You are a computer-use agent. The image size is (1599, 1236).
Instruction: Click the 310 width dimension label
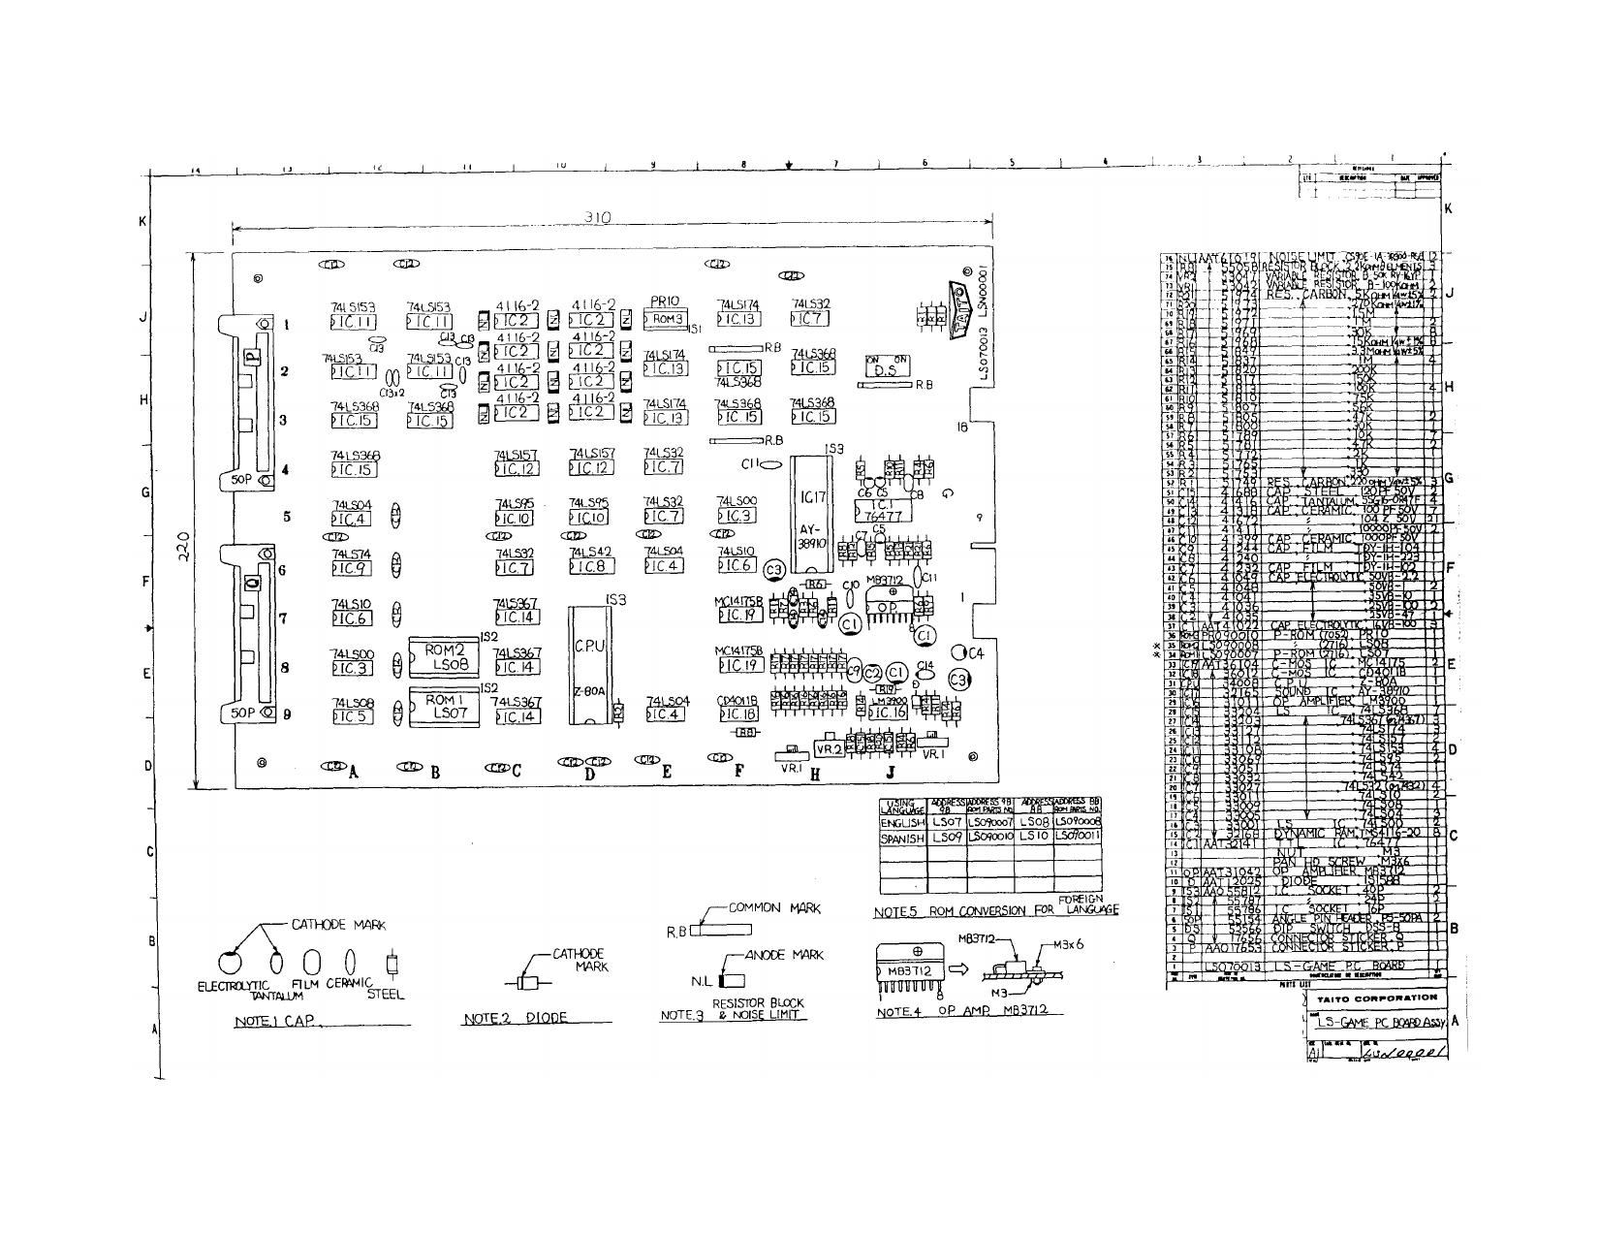point(598,218)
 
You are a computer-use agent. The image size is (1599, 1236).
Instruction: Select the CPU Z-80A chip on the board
point(589,664)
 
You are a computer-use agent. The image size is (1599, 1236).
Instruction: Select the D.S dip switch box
point(886,366)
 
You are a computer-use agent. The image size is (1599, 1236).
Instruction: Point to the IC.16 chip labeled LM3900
point(887,712)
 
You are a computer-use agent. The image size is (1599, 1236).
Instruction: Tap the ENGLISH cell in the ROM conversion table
point(902,822)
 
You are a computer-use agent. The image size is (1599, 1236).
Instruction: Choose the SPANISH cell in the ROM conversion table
point(902,838)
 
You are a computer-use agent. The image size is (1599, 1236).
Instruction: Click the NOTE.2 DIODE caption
point(514,1018)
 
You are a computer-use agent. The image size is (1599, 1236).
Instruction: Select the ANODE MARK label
point(784,955)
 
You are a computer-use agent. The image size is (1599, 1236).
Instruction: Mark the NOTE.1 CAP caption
point(276,1022)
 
